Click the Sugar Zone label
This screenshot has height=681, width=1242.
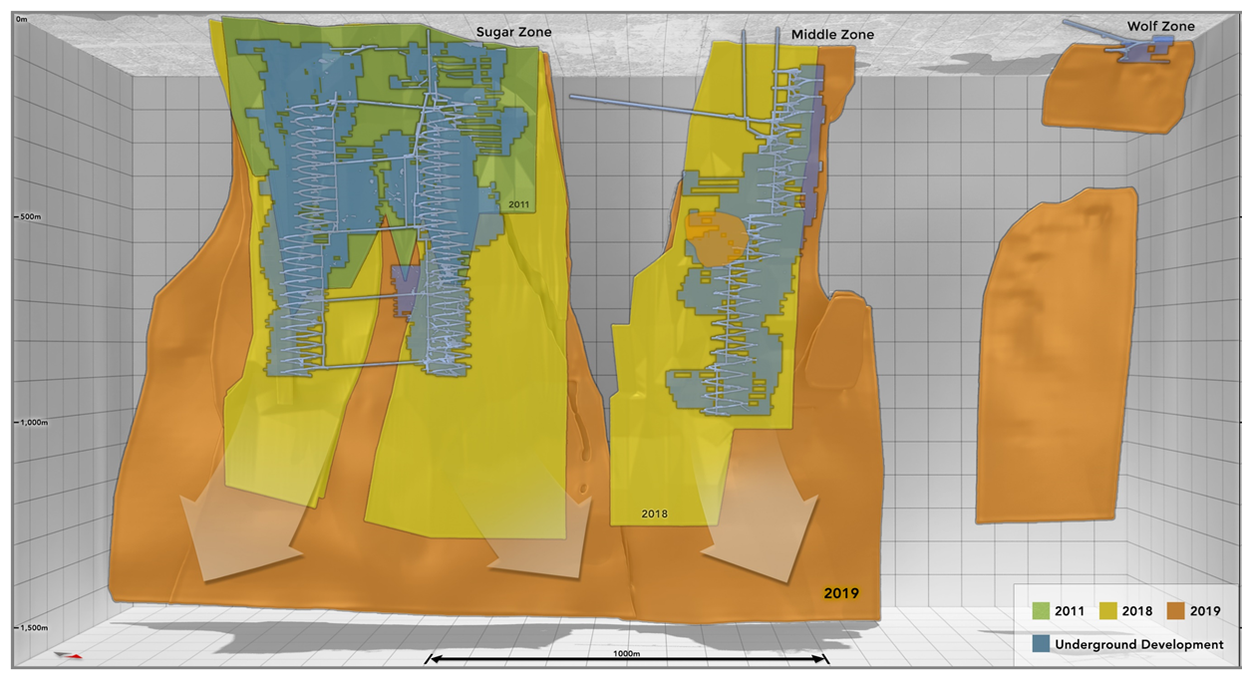click(512, 32)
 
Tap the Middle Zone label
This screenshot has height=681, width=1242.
click(832, 35)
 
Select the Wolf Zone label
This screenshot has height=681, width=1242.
click(1160, 26)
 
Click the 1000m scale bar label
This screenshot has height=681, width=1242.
click(628, 653)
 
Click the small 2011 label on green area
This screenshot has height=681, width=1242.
click(518, 204)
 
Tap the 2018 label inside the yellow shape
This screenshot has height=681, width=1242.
click(655, 514)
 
